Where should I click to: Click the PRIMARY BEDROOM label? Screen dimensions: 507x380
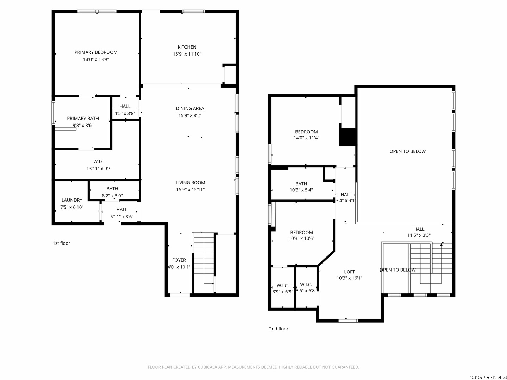coord(96,52)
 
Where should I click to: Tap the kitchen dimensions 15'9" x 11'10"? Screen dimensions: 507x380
coord(187,54)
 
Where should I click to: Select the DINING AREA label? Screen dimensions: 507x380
coord(190,108)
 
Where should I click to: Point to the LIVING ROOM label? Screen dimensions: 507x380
coord(190,183)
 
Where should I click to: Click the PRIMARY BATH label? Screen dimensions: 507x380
coord(83,118)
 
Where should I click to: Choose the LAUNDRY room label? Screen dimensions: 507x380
coord(72,200)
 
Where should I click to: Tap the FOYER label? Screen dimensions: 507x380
coord(179,260)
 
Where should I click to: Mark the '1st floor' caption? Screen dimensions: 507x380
coord(61,243)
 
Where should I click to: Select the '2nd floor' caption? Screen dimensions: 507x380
coord(278,329)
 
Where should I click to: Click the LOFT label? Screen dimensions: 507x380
coord(349,272)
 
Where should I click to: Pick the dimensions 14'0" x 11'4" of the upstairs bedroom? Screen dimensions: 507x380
coord(306,138)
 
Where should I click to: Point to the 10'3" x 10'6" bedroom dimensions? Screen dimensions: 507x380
coord(301,238)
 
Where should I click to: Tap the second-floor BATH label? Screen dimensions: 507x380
coord(301,184)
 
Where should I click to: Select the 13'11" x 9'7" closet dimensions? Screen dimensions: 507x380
coord(99,169)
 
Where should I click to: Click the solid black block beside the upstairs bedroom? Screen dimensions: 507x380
coord(348,137)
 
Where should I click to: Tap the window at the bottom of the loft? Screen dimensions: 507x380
coord(348,321)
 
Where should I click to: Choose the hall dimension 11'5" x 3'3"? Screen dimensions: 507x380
coord(419,235)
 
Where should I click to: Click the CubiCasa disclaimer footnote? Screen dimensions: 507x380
coord(254,367)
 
